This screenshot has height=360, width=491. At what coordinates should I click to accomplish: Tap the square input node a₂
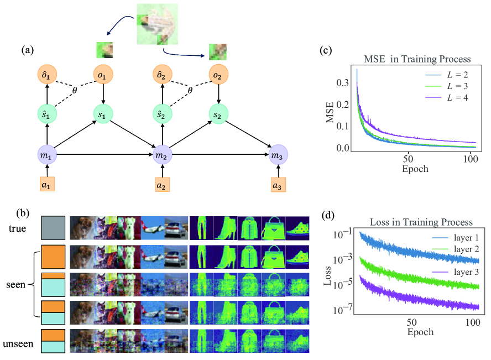pyautogui.click(x=162, y=185)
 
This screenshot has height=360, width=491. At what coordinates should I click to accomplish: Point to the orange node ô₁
pyautogui.click(x=46, y=75)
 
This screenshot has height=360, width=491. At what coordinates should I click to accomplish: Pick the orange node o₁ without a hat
pyautogui.click(x=103, y=75)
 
